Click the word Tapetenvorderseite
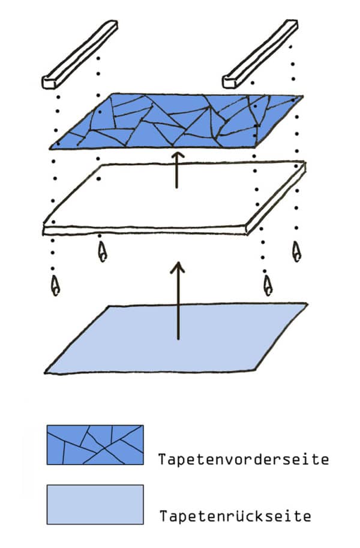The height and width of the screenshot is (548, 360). point(244,459)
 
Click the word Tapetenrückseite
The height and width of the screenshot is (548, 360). point(235,516)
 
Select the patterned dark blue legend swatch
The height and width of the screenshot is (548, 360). point(95,445)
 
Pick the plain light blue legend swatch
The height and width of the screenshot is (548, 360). point(95,504)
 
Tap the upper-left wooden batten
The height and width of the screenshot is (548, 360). point(80,54)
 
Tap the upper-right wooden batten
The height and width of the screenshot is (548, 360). point(260,53)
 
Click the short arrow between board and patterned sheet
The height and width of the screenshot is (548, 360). point(178,170)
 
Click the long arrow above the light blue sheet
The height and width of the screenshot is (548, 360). point(178,300)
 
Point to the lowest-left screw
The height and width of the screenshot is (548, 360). point(55,285)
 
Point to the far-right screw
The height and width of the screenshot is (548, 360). point(296,251)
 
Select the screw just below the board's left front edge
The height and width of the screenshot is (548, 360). point(102,252)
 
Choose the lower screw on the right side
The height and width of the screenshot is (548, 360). point(268,285)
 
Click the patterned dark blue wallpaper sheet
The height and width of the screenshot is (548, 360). point(176,121)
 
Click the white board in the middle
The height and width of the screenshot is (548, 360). point(175,198)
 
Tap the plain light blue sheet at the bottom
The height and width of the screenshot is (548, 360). point(176,339)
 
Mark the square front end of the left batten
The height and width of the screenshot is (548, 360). point(49,82)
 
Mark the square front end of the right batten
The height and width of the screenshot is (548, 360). point(230,82)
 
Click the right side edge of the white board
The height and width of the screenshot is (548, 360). point(276,198)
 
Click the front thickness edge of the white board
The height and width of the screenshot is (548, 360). point(145,230)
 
